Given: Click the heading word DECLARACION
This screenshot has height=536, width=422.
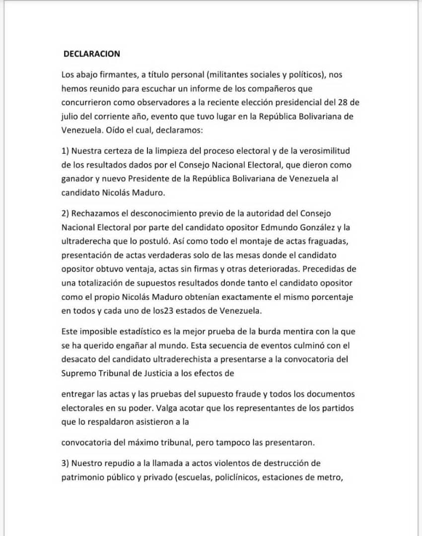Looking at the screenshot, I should [x=91, y=54].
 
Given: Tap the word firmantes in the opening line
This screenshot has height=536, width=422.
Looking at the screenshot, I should [x=115, y=75].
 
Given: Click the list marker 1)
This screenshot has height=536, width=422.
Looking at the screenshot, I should [x=66, y=151].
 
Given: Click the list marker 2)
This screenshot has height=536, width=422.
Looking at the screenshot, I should [x=66, y=213].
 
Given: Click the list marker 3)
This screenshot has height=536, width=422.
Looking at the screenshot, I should [x=66, y=464].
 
